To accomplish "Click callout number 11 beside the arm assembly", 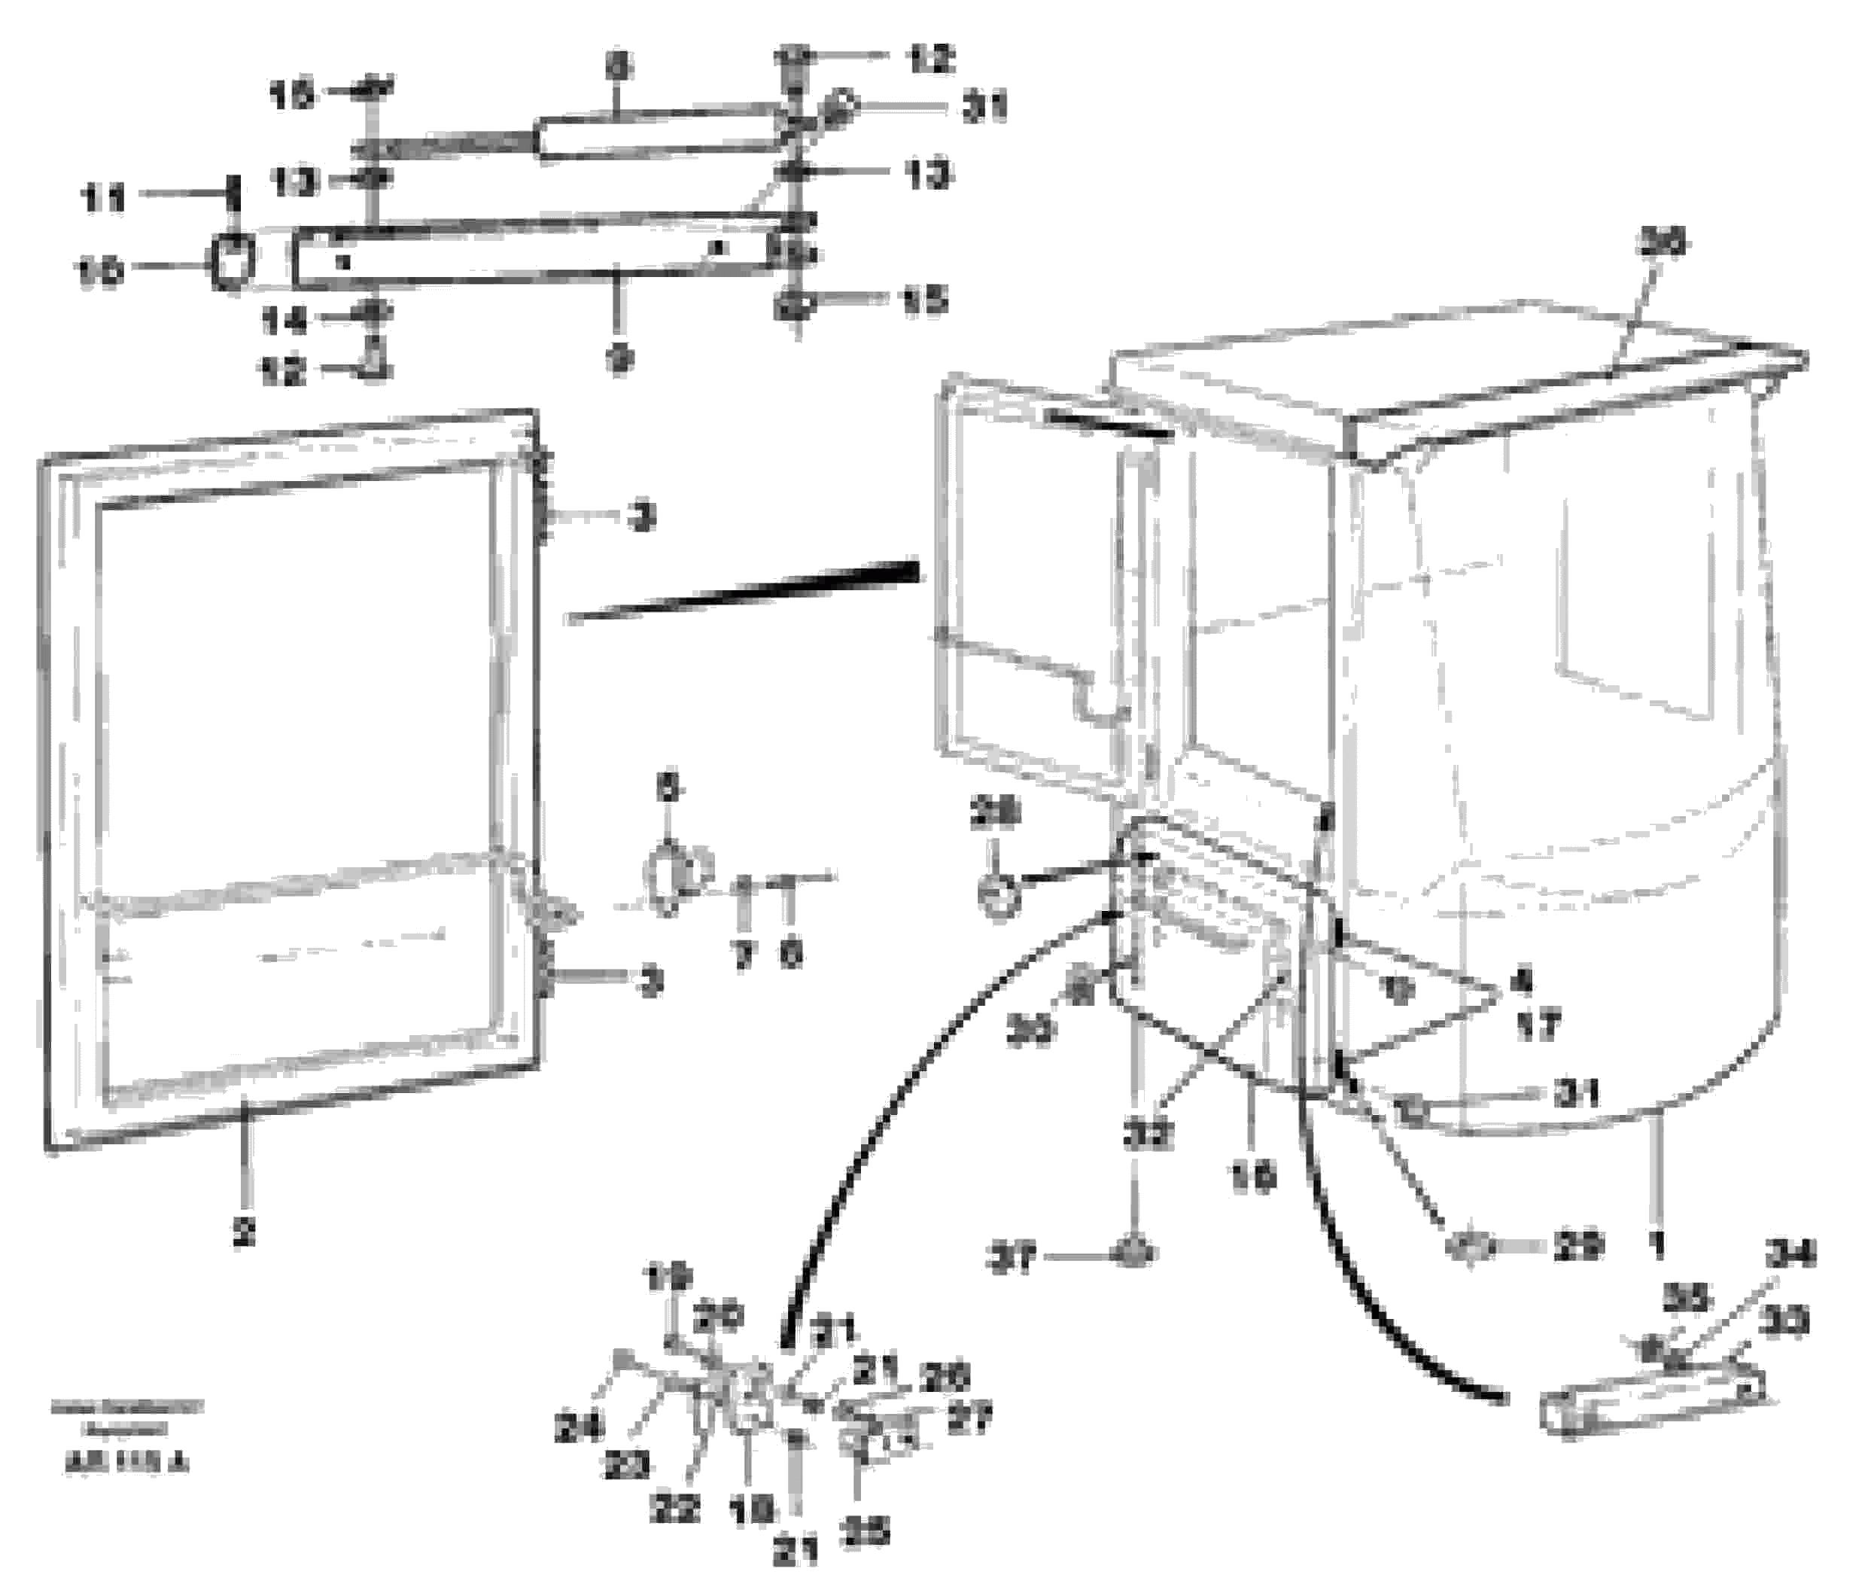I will click(x=104, y=199).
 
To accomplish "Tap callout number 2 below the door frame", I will click(x=243, y=1231).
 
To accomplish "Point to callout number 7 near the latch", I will click(x=743, y=956).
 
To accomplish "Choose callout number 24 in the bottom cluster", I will click(x=578, y=1427).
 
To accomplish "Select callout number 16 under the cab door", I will click(x=1253, y=1176).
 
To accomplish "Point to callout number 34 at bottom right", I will click(x=1790, y=1253).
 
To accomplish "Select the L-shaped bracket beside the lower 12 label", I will click(x=377, y=364).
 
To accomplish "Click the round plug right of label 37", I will click(x=1135, y=1254).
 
